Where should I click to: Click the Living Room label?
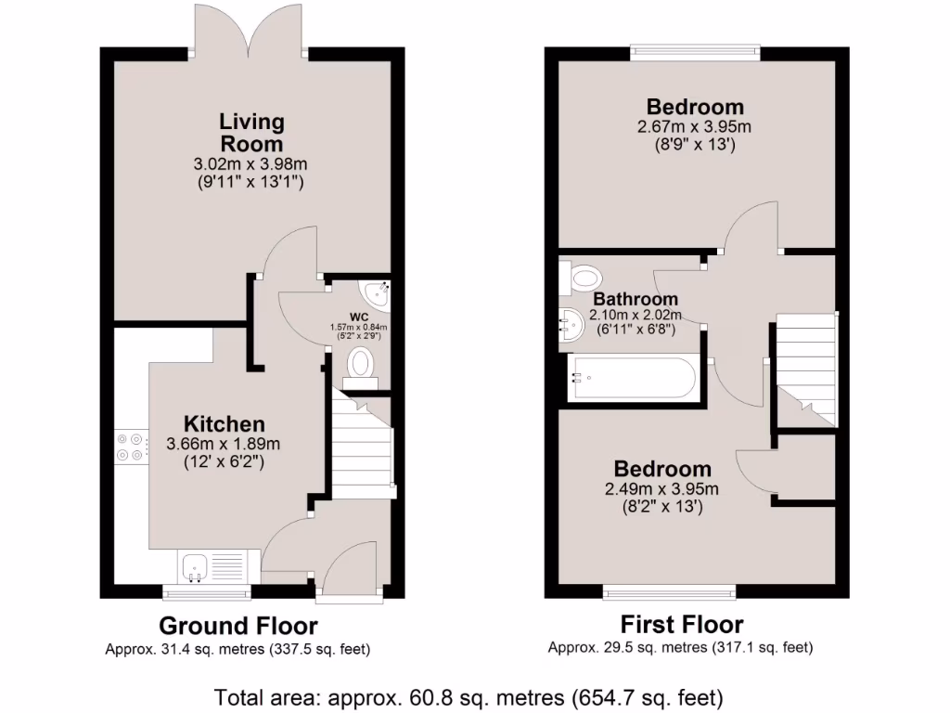click(x=251, y=133)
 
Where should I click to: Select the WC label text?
click(x=360, y=316)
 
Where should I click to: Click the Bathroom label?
click(x=635, y=300)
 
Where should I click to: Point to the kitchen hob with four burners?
click(x=129, y=447)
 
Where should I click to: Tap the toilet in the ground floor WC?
click(x=360, y=365)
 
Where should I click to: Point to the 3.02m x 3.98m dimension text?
click(x=250, y=165)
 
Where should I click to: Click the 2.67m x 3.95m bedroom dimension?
click(x=695, y=127)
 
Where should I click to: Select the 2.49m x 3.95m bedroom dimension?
click(x=662, y=489)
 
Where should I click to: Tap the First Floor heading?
click(x=681, y=624)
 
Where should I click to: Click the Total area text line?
click(x=469, y=695)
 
